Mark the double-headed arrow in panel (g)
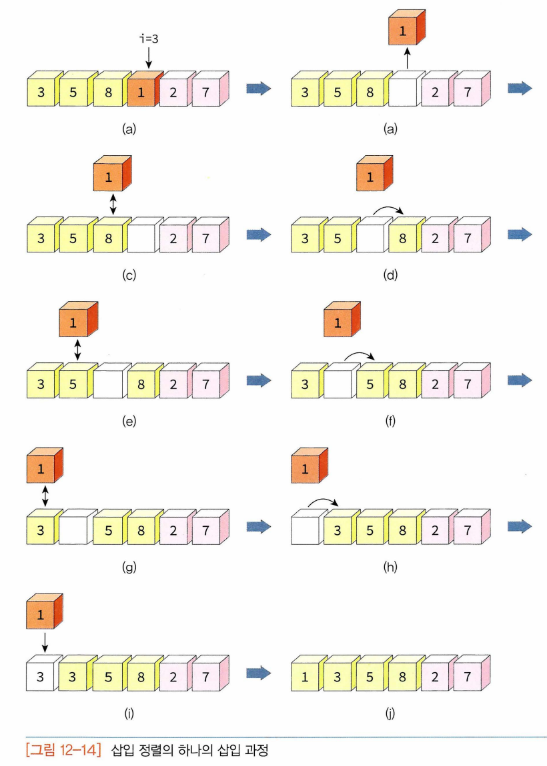pyautogui.click(x=45, y=494)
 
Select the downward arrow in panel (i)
pyautogui.click(x=44, y=641)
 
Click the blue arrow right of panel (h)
pyautogui.click(x=520, y=526)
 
